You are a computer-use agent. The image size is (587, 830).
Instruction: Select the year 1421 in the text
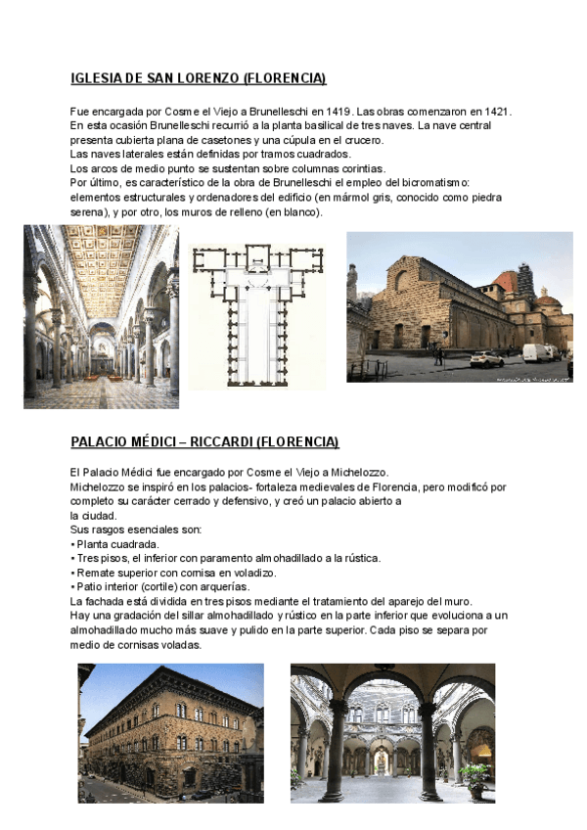point(496,113)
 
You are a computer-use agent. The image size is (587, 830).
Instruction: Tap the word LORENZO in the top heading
point(196,78)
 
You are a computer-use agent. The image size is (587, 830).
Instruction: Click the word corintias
point(358,168)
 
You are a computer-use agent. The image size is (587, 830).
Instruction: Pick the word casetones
point(238,140)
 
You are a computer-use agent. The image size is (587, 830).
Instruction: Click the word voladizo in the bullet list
point(253,573)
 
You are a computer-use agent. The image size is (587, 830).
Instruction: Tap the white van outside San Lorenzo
point(536,352)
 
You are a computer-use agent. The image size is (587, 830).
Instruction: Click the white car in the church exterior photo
point(486,358)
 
